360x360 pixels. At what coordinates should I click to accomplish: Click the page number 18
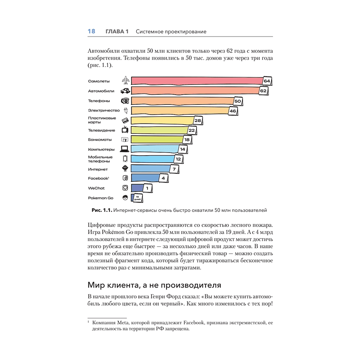(91, 32)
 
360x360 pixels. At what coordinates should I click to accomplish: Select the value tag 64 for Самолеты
(267, 81)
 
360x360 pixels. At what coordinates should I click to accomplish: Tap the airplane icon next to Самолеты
(125, 81)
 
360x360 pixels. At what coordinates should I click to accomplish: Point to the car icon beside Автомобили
(125, 91)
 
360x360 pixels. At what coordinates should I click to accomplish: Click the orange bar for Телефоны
(182, 101)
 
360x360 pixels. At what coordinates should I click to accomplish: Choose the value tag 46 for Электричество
(233, 111)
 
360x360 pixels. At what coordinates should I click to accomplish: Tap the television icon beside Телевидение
(125, 130)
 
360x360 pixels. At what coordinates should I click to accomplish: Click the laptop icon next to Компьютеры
(125, 149)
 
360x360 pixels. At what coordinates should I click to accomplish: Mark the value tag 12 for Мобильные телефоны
(178, 159)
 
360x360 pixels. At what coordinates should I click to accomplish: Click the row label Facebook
(98, 178)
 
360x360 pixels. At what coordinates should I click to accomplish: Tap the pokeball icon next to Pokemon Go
(125, 198)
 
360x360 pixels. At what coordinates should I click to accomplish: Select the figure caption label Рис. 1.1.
(103, 210)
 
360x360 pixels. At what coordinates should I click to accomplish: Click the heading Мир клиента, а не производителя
(154, 285)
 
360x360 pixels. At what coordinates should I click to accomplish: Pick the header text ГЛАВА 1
(117, 32)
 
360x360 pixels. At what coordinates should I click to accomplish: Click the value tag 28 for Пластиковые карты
(198, 120)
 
